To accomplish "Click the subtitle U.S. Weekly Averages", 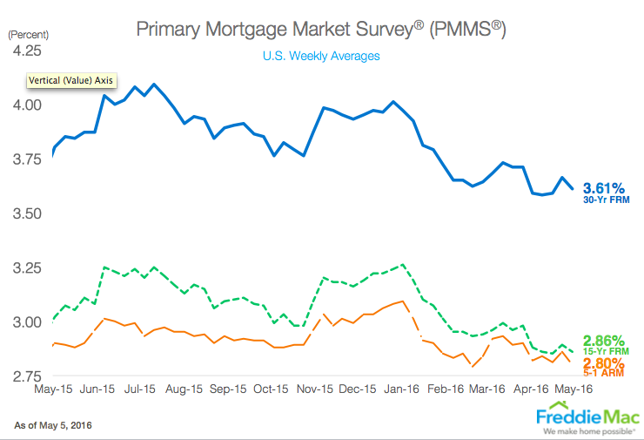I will click(x=320, y=56).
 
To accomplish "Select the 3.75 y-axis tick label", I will click(x=25, y=159).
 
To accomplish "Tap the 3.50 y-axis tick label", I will click(x=25, y=213).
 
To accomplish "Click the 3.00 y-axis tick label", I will click(x=25, y=322).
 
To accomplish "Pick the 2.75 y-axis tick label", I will click(x=25, y=376).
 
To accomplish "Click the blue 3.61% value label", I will click(x=605, y=187).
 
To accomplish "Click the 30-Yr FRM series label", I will click(x=606, y=200).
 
